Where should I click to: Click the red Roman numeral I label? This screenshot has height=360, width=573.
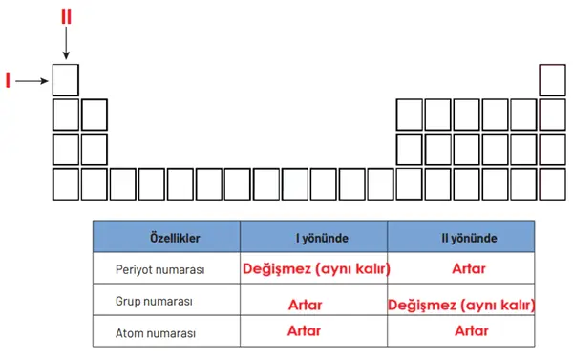[x=8, y=81]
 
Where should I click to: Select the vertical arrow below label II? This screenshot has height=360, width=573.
[x=65, y=43]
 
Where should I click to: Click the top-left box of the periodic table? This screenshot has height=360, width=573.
[x=66, y=79]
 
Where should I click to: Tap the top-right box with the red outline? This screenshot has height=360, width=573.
[x=553, y=79]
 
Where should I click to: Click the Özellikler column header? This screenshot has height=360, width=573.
[x=166, y=236]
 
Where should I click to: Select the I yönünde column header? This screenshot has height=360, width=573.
[x=313, y=236]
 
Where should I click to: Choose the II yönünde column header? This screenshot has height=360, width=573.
[x=460, y=236]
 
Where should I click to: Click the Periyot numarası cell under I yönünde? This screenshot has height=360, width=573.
[x=314, y=269]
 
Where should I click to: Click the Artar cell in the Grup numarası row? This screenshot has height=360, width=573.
[x=305, y=305]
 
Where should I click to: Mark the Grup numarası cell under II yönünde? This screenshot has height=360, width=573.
[x=460, y=305]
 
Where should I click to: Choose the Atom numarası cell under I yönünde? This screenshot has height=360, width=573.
[x=305, y=331]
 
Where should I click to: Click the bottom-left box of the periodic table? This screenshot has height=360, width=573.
[x=66, y=183]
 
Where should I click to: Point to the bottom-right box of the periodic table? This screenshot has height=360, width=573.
[x=553, y=183]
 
